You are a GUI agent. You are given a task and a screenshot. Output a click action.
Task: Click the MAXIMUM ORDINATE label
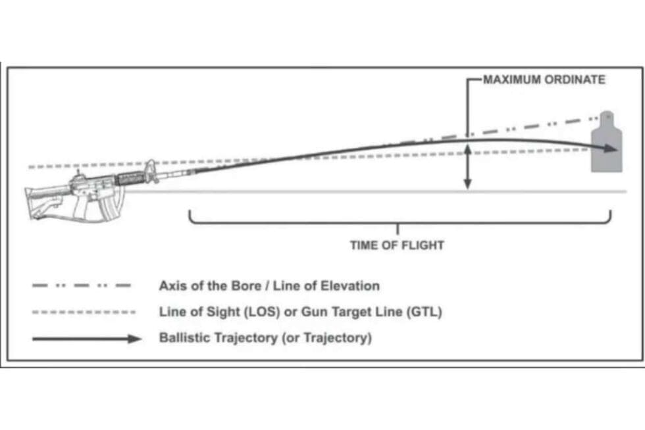coord(544,80)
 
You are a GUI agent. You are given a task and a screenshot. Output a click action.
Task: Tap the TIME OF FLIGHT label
coord(396,245)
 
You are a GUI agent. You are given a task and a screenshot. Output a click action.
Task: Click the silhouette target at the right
coord(606,145)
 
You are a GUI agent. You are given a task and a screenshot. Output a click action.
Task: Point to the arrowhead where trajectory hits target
coord(613,149)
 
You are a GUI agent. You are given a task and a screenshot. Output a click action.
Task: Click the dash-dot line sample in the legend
coord(82,286)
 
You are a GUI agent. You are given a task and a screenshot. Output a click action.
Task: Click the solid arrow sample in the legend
coord(86,339)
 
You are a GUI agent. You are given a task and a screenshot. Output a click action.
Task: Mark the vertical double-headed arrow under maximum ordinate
coord(467,168)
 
